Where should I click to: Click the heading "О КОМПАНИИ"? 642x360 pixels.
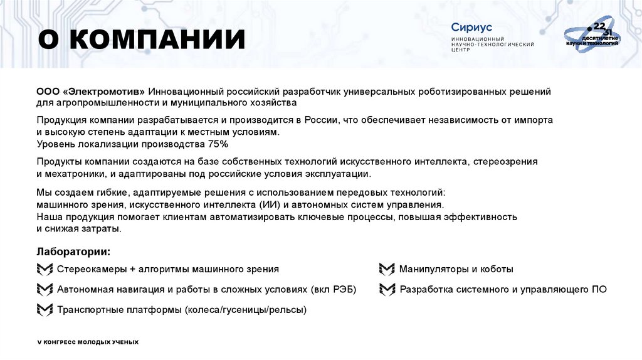(141, 40)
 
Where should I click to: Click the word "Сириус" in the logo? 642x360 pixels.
(471, 27)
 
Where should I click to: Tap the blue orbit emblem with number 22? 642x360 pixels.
(592, 38)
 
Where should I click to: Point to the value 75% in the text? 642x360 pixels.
(218, 144)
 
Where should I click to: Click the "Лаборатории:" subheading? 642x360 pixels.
(73, 251)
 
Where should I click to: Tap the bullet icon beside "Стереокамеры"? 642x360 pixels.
(45, 270)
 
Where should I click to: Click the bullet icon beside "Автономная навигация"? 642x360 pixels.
(45, 290)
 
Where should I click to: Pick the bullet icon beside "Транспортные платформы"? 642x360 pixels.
(45, 310)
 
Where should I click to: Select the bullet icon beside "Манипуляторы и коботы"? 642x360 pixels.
(387, 270)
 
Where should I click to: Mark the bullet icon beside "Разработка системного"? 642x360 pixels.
(387, 290)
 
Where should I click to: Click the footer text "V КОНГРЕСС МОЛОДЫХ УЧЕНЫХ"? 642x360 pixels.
(88, 342)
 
